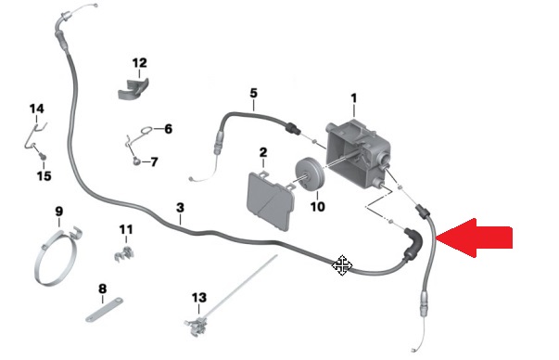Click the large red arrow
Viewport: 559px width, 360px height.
474,238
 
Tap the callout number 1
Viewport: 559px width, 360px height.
353,98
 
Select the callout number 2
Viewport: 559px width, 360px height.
263,152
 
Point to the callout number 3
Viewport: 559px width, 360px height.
180,207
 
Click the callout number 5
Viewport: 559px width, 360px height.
253,93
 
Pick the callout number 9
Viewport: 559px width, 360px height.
58,212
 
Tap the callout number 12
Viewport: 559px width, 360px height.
139,63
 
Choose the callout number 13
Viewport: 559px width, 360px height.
199,297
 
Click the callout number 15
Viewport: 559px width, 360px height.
44,175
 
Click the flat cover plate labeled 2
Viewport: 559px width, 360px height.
271,200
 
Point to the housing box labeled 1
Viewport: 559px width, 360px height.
358,150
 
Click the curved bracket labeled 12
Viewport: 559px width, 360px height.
133,89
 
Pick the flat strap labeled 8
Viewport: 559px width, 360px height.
105,311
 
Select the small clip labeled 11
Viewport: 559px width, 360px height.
123,252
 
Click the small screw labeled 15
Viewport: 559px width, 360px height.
43,156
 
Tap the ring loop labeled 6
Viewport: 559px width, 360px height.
146,131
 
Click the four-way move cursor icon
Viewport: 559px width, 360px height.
342,265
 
